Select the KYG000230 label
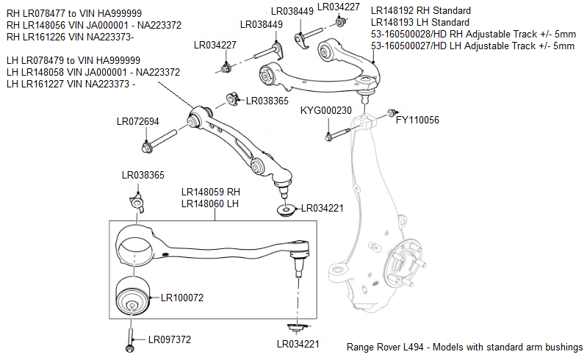click(x=326, y=110)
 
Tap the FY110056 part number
click(x=417, y=119)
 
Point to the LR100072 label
click(x=176, y=298)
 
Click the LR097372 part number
click(x=169, y=339)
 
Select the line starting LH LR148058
click(x=93, y=72)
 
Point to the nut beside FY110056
click(x=391, y=114)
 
